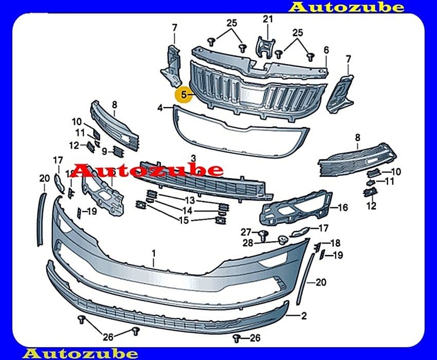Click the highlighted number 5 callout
tap(184, 95)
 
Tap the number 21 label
tap(267, 19)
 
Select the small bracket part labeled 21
tap(266, 47)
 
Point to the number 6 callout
tap(326, 50)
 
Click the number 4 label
tap(160, 107)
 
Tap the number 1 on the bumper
tap(154, 254)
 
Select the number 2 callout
tap(304, 316)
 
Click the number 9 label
tap(104, 152)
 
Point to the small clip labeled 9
tap(118, 151)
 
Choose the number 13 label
tap(190, 200)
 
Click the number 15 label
tap(184, 221)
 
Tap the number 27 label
tap(246, 232)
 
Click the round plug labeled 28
tap(283, 240)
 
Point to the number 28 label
tap(248, 243)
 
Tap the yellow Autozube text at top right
tap(347, 7)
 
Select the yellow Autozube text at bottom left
tap(80, 354)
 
